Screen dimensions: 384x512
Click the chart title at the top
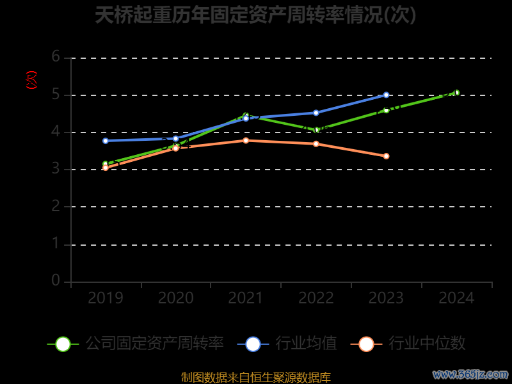pos(255,15)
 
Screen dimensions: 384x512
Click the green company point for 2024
pos(456,93)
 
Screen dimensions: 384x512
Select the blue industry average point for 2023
pos(386,95)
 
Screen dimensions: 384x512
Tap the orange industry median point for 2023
pos(386,156)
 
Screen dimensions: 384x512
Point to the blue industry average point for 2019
pos(106,141)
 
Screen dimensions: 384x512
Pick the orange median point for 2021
pos(246,140)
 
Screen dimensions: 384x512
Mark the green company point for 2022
pos(316,130)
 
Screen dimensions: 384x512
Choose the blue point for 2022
pos(316,113)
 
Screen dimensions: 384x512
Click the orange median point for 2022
pos(316,143)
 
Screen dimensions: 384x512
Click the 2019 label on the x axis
pos(106,298)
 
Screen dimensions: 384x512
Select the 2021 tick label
pos(246,298)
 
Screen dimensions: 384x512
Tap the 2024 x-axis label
pos(456,298)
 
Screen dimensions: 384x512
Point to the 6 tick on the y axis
pos(56,57)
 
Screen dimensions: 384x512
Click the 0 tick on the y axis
pos(56,280)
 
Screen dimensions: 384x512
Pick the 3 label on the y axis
pos(56,169)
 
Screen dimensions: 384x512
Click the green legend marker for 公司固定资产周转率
pos(63,344)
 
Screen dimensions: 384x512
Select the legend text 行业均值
pos(306,344)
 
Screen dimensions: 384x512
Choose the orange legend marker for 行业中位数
pos(366,344)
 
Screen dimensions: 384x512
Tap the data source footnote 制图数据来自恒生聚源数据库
pos(255,377)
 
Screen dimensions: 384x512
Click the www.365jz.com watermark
pos(470,374)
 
